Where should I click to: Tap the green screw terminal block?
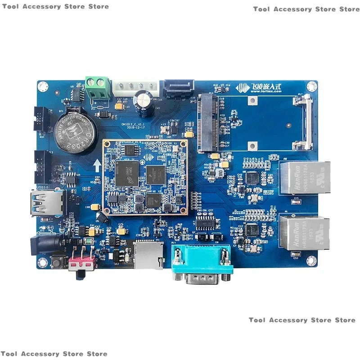pyautogui.click(x=98, y=88)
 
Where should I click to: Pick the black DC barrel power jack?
pyautogui.click(x=44, y=245)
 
